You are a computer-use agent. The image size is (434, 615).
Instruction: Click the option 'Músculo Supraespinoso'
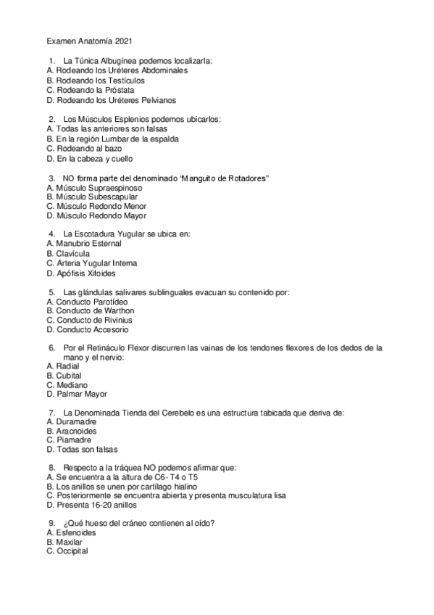pos(93,187)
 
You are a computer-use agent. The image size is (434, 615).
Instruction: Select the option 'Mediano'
pos(72,385)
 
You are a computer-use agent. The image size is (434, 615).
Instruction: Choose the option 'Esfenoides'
pos(75,532)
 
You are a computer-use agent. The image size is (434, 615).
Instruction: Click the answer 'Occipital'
pos(72,551)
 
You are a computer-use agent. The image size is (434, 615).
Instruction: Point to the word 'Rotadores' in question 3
pos(244,178)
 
